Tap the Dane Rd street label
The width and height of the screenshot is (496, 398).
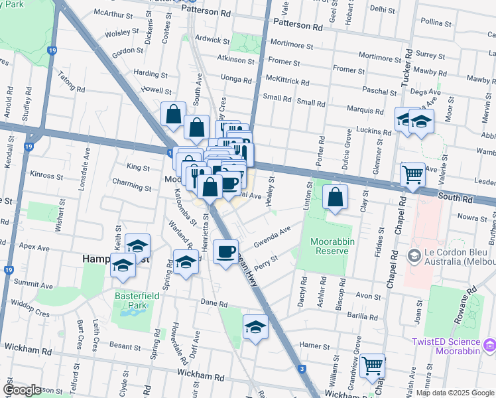click(x=214, y=304)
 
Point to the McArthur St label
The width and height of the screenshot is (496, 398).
click(x=109, y=13)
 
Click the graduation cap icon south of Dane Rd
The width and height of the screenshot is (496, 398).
click(x=255, y=327)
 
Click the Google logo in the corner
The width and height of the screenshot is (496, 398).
click(x=22, y=390)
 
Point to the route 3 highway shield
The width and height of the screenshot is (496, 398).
click(x=302, y=368)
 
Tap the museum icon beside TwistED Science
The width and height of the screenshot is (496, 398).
click(x=489, y=345)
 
